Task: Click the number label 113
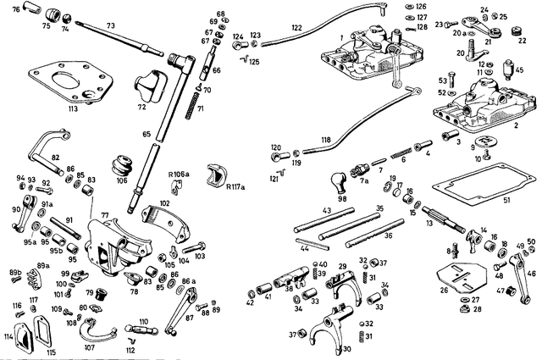point(73,109)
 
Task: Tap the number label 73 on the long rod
point(111,26)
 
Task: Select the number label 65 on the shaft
point(145,135)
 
